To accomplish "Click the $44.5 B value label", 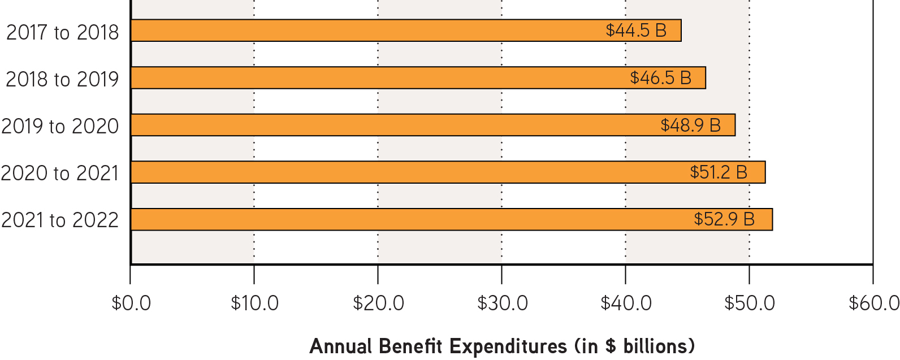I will click(636, 31).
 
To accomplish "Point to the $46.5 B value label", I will click(660, 78).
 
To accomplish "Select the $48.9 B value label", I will click(690, 125).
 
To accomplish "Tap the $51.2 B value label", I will click(719, 172).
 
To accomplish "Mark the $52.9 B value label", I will click(724, 219).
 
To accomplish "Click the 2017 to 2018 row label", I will click(62, 33).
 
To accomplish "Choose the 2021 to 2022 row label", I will click(60, 220).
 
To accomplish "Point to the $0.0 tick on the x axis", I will click(131, 303).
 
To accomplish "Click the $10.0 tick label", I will click(254, 303).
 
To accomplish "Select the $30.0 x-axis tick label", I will click(502, 303).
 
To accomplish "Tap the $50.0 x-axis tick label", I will click(750, 303).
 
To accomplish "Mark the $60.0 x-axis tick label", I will click(873, 303).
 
